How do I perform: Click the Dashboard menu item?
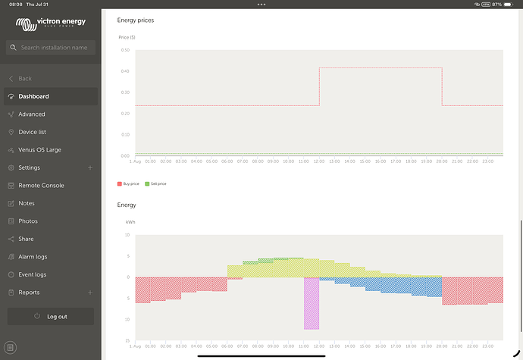click(x=34, y=96)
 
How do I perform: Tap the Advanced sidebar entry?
click(x=32, y=114)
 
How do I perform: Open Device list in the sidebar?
click(x=33, y=132)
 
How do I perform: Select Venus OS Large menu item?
click(x=39, y=150)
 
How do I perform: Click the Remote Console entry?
click(x=41, y=186)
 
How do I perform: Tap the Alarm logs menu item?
click(x=33, y=257)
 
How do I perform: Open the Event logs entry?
click(x=33, y=274)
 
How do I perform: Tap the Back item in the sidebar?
click(x=25, y=79)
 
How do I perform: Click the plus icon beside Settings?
click(x=90, y=167)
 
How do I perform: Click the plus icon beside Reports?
click(x=90, y=293)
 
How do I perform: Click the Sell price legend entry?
click(x=156, y=184)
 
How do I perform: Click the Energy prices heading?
click(x=136, y=20)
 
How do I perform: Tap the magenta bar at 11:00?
click(x=312, y=303)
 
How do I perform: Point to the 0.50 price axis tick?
click(x=125, y=50)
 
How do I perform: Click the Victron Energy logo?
click(x=50, y=23)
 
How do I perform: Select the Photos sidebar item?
click(x=28, y=221)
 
